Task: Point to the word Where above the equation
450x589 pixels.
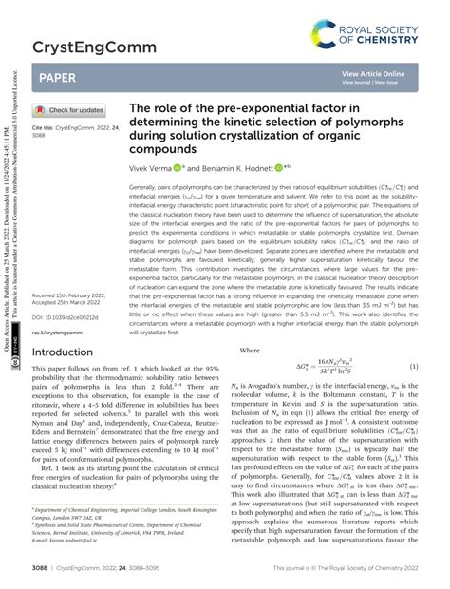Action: (x=251, y=324)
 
